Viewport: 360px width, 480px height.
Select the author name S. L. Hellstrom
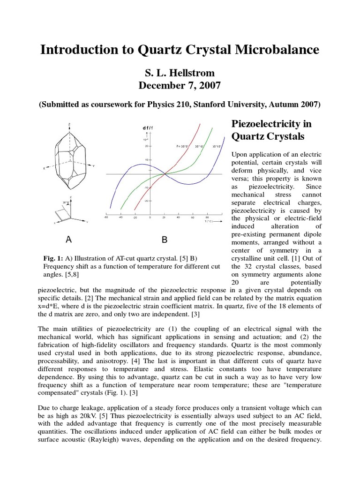coord(180,73)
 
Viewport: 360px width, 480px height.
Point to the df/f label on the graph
coord(147,128)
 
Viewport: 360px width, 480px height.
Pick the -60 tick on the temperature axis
coord(107,217)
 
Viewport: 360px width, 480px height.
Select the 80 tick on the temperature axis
coord(207,217)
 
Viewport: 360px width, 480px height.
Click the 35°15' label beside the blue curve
coord(217,146)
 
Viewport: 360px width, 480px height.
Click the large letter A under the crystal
coord(69,240)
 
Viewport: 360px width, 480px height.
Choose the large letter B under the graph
coord(165,240)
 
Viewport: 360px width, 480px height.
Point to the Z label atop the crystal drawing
coord(69,125)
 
